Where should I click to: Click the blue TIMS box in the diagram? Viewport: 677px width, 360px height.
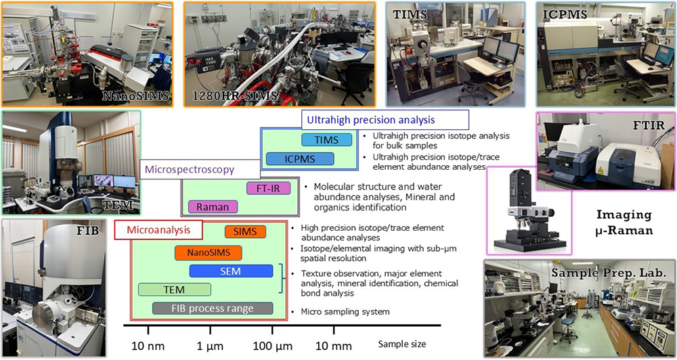327,140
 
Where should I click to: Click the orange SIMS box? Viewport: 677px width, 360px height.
245,231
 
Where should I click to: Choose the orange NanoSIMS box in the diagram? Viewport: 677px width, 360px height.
208,253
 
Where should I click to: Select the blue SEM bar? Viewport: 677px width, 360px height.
231,271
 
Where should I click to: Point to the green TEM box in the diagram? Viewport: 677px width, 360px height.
174,289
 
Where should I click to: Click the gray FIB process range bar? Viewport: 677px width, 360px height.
212,309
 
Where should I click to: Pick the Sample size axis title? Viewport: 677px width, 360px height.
402,344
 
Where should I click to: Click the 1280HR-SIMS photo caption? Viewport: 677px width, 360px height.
241,95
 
